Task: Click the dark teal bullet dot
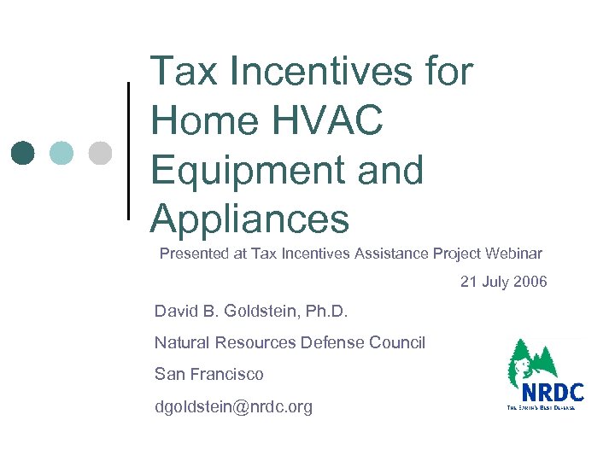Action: point(24,153)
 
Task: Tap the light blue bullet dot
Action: point(61,153)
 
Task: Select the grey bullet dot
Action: point(100,153)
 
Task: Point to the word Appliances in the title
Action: point(249,219)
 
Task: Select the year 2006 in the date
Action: point(529,282)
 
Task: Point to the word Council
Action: point(397,343)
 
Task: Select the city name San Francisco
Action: point(209,374)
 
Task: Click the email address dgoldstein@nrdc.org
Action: point(233,407)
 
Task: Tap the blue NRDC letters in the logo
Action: point(552,393)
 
